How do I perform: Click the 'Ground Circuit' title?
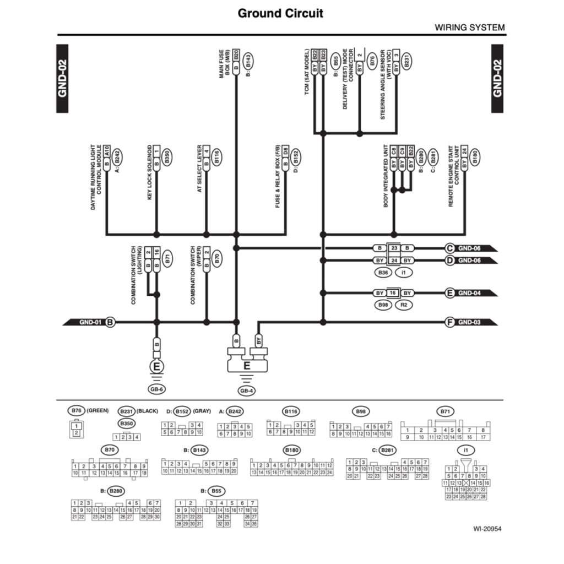pyautogui.click(x=280, y=13)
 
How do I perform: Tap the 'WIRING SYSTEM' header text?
pyautogui.click(x=469, y=27)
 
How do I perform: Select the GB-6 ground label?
pyautogui.click(x=157, y=389)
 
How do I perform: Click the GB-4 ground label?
pyautogui.click(x=246, y=391)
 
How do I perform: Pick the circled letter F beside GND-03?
pyautogui.click(x=450, y=322)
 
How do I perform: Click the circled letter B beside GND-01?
pyautogui.click(x=110, y=322)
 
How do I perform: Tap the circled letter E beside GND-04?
pyautogui.click(x=450, y=293)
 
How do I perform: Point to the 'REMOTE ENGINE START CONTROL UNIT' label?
pyautogui.click(x=454, y=176)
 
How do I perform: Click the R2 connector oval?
pyautogui.click(x=403, y=304)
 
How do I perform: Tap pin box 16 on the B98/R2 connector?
pyautogui.click(x=393, y=293)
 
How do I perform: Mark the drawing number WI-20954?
pyautogui.click(x=487, y=529)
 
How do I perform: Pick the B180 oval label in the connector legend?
pyautogui.click(x=292, y=451)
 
